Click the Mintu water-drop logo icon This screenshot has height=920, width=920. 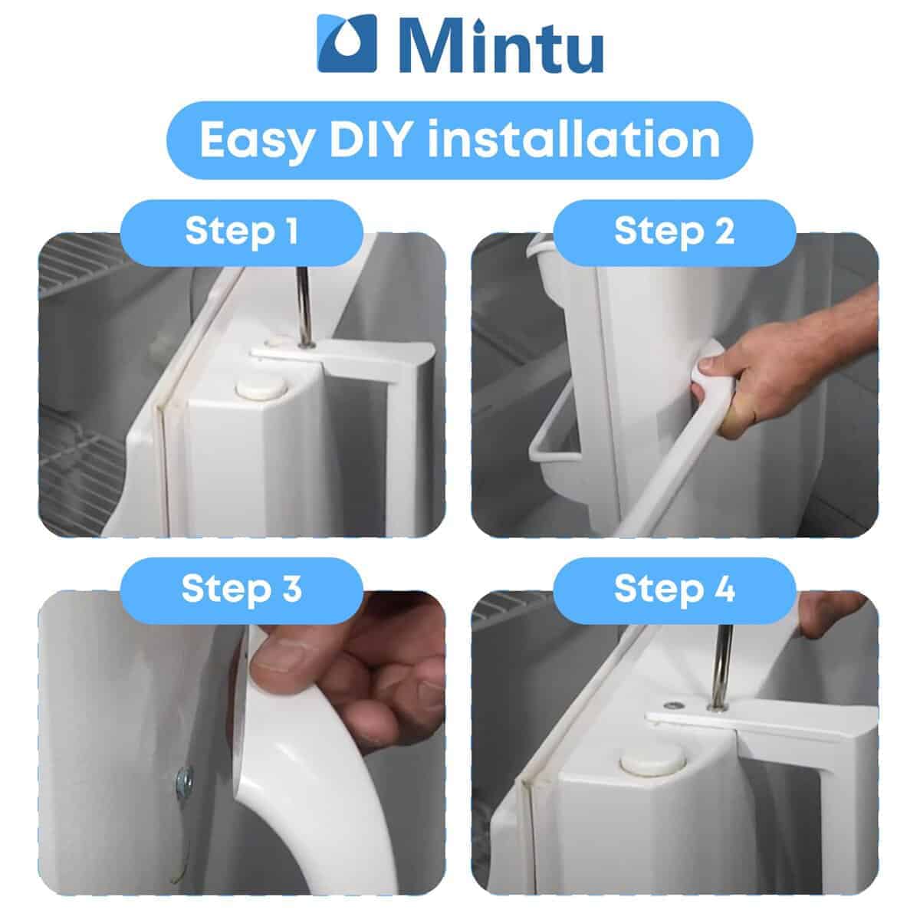pos(347,44)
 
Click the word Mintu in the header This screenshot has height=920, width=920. pos(500,45)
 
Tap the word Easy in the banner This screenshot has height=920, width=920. pos(257,139)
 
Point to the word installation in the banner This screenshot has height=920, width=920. pos(574,139)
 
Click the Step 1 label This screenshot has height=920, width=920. pos(242,232)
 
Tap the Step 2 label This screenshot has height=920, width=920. pos(674,232)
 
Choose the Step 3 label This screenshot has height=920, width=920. pos(242,589)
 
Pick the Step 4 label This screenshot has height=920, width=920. pos(674,589)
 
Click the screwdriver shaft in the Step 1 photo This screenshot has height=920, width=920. pos(304,306)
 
